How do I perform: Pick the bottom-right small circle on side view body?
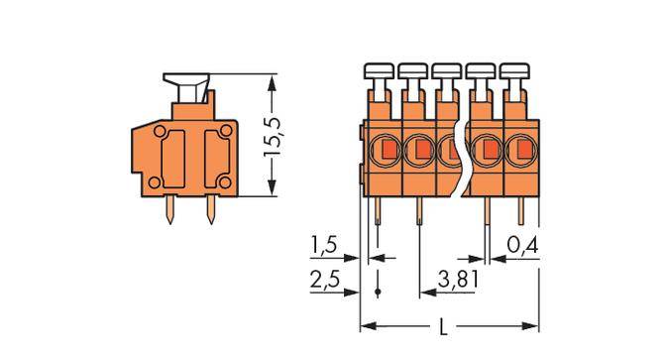[228, 180]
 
